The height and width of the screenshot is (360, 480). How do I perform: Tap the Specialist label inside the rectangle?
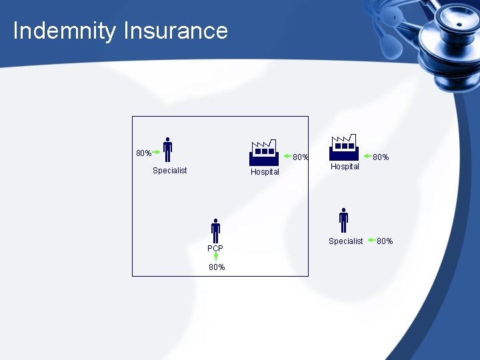pos(169,171)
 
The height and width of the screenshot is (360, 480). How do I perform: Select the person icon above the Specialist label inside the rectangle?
pos(167,150)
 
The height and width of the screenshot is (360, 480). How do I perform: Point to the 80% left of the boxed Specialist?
pos(143,153)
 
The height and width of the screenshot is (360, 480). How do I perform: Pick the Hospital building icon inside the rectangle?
pos(263,153)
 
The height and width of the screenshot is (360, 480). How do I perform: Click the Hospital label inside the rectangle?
pos(265,172)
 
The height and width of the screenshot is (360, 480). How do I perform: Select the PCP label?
pos(215,249)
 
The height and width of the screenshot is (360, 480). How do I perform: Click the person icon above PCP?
pos(215,231)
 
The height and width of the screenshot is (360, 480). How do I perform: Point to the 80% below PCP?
pos(217,267)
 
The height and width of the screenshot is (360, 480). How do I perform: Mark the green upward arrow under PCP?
pos(216,257)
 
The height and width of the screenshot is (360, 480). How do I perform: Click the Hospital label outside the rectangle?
pos(345,167)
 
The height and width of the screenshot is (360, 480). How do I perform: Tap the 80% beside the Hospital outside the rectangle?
pos(381,157)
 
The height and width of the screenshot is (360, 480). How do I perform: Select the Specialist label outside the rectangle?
pos(345,241)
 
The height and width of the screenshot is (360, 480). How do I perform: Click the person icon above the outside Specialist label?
pos(343,221)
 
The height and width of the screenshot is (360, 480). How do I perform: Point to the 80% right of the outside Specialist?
pos(385,241)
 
